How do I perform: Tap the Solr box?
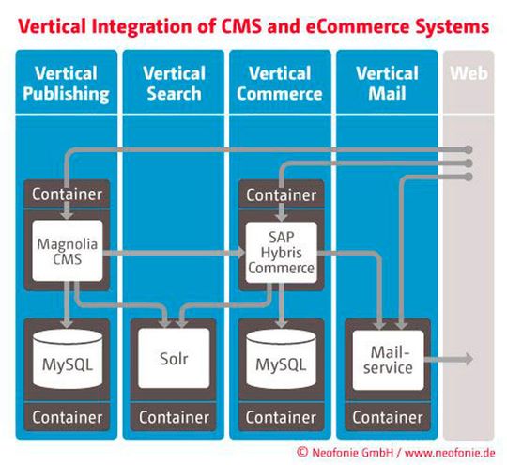tap(175, 360)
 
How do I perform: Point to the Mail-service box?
tap(388, 360)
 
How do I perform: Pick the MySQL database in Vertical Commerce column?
tap(279, 362)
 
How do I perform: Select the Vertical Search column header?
tap(173, 83)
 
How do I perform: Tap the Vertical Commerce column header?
tap(279, 83)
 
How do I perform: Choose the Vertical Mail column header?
tap(388, 83)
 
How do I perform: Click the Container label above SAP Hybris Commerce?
tap(279, 195)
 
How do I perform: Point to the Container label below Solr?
tap(175, 416)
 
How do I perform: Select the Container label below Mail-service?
tap(388, 416)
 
